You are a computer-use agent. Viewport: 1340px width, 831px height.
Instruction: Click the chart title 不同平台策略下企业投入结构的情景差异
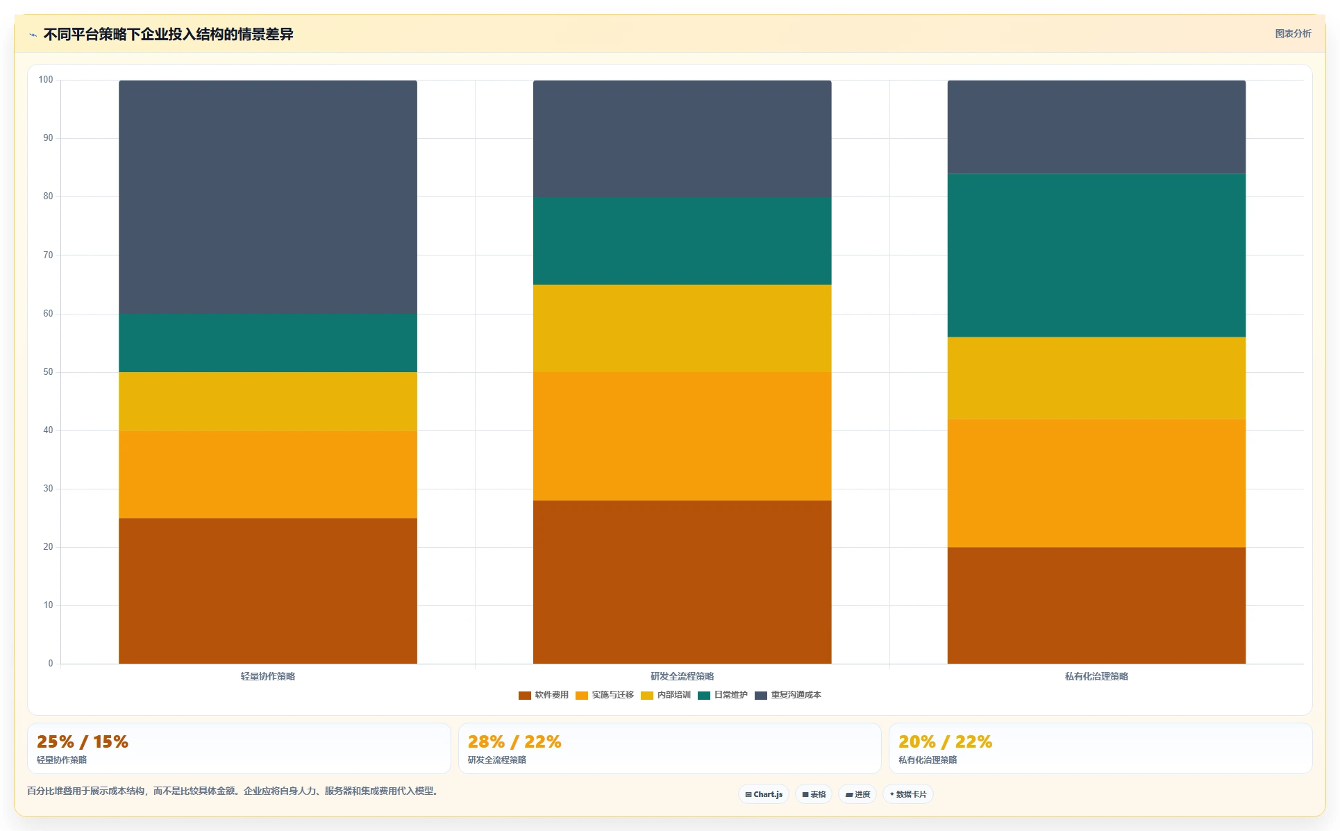pyautogui.click(x=168, y=34)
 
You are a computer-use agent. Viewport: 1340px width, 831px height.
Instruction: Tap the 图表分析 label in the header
pyautogui.click(x=1293, y=33)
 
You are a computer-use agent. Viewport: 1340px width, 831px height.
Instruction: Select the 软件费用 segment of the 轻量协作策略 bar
pyautogui.click(x=268, y=591)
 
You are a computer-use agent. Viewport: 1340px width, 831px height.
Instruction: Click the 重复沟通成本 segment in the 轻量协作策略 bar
pyautogui.click(x=268, y=197)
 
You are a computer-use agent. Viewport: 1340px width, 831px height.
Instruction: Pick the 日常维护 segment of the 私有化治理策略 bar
pyautogui.click(x=1096, y=255)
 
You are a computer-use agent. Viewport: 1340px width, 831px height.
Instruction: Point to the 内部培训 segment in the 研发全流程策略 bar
pyautogui.click(x=682, y=328)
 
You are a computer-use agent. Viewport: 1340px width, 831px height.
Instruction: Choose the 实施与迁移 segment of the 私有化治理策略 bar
pyautogui.click(x=1096, y=483)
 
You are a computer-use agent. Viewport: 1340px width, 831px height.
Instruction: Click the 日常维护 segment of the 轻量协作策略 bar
pyautogui.click(x=268, y=343)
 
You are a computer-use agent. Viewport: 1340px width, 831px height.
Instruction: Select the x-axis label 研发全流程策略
pyautogui.click(x=682, y=676)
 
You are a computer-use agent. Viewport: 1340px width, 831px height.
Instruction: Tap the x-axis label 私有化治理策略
pyautogui.click(x=1096, y=676)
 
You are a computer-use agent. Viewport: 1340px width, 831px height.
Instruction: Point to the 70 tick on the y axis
pyautogui.click(x=48, y=255)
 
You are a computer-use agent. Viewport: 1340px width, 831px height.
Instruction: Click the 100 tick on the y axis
pyautogui.click(x=46, y=79)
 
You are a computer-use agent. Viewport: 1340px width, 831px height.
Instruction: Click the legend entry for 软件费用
pyautogui.click(x=544, y=695)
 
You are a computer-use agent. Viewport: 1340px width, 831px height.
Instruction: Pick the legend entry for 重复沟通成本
pyautogui.click(x=788, y=695)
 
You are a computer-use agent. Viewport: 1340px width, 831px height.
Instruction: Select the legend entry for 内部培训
pyautogui.click(x=666, y=695)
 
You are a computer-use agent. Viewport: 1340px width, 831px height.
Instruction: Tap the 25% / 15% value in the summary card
pyautogui.click(x=83, y=741)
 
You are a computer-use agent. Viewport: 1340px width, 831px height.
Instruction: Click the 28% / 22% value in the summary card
pyautogui.click(x=514, y=741)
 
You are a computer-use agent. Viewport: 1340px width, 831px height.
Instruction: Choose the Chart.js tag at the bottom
pyautogui.click(x=764, y=794)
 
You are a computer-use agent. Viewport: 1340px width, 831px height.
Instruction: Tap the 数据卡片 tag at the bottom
pyautogui.click(x=908, y=794)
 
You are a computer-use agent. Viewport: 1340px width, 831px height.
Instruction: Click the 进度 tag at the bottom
pyautogui.click(x=857, y=794)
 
